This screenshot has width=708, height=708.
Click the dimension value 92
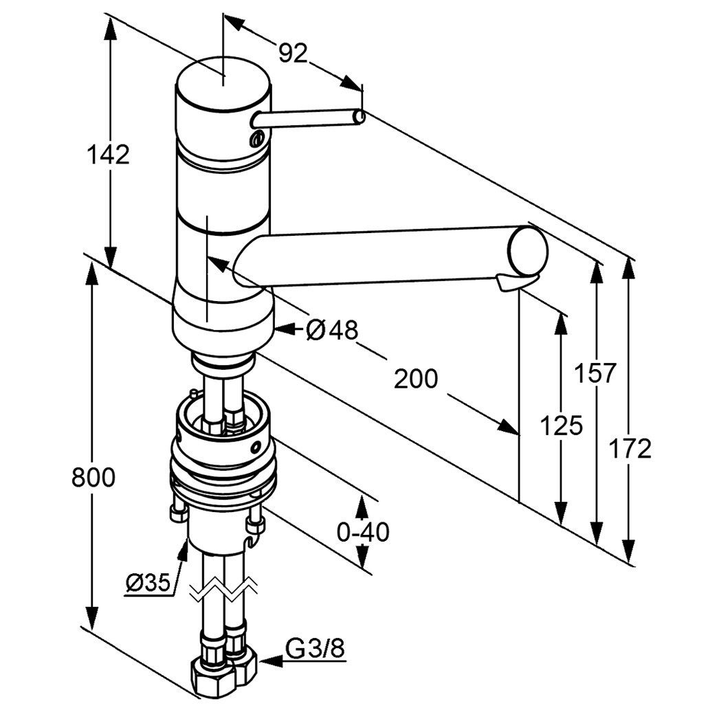coord(293,53)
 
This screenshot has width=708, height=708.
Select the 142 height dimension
coord(108,155)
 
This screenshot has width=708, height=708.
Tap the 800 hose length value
coord(93,477)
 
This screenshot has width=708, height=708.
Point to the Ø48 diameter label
coord(332,331)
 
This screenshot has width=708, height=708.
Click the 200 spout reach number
coord(415,378)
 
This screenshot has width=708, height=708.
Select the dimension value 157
coord(596,374)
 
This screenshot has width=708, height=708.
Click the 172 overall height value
coord(630,449)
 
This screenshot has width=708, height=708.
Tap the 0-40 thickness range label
coord(363,531)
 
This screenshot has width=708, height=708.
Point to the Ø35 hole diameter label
coord(148,583)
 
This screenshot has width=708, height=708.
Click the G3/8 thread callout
coord(316,648)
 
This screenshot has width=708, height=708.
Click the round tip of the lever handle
coord(359,118)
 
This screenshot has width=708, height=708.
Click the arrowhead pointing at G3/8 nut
coord(267,661)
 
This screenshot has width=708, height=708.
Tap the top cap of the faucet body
coord(221,84)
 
